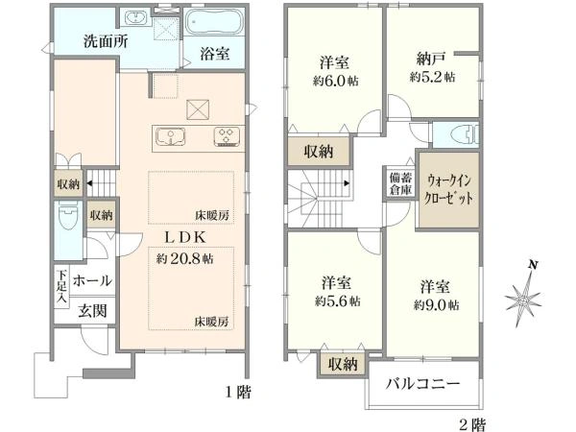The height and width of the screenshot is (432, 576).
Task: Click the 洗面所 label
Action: tap(106, 40)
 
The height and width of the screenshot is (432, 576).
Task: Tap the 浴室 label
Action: tap(215, 53)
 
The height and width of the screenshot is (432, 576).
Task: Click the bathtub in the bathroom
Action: tap(214, 22)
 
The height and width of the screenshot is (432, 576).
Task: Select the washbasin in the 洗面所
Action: tap(135, 18)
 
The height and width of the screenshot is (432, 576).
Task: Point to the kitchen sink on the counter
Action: tap(171, 136)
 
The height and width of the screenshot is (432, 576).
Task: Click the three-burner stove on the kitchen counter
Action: tap(228, 136)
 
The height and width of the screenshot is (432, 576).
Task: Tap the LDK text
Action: tap(184, 237)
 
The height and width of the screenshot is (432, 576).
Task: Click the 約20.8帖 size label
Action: tap(184, 258)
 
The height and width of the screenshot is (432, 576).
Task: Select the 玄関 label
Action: tap(92, 311)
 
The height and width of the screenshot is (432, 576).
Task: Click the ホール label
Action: tap(92, 280)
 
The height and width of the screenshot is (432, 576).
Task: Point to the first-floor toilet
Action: tap(68, 215)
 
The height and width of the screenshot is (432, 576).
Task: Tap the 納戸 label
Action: tap(432, 59)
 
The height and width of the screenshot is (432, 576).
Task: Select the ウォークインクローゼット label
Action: tap(448, 189)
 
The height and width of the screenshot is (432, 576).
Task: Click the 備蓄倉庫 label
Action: tap(400, 183)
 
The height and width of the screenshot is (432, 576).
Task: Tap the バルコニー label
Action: tap(422, 384)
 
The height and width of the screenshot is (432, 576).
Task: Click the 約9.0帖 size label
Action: tap(436, 305)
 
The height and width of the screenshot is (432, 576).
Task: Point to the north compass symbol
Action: tap(523, 295)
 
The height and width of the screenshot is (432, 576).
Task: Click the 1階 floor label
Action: tap(238, 393)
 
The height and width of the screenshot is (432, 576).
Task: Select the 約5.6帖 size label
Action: tap(337, 301)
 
